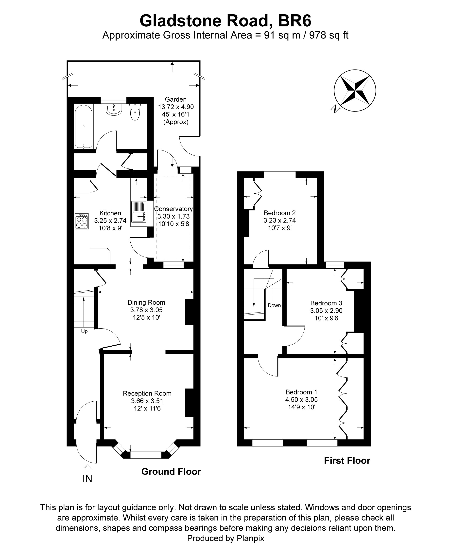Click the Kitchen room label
(110, 213)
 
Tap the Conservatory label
(173, 209)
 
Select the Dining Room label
(146, 302)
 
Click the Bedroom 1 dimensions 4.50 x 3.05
(301, 399)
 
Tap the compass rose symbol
(355, 91)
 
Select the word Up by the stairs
(84, 331)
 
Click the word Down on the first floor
(274, 305)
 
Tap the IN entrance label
(87, 479)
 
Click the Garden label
(176, 99)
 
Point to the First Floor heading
(347, 461)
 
